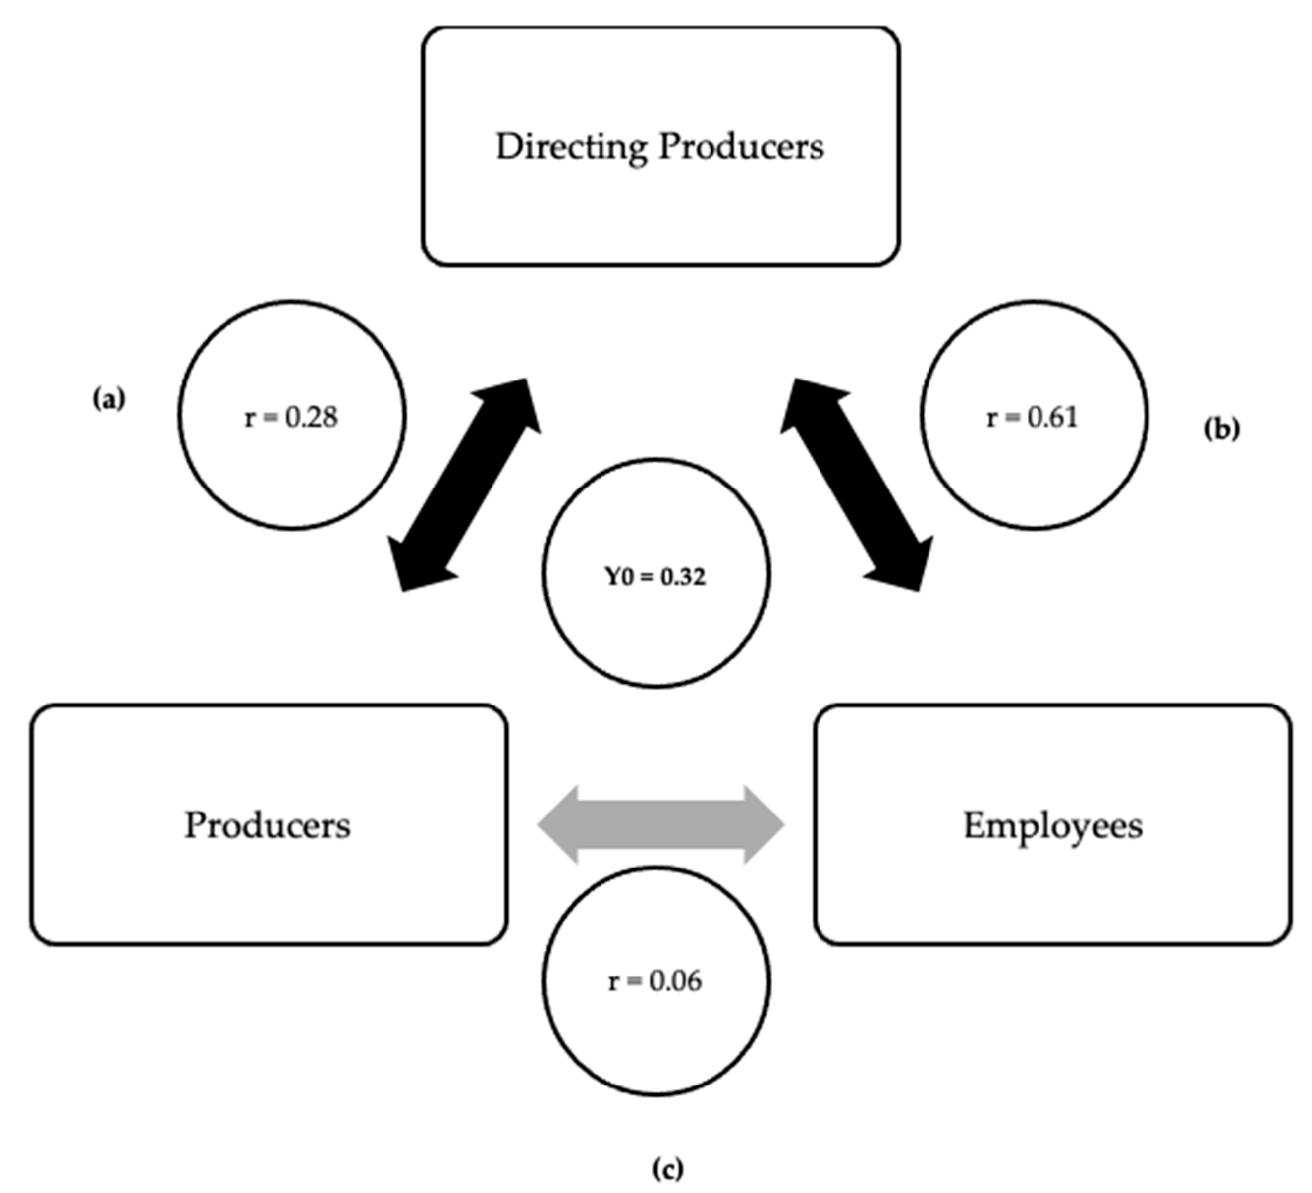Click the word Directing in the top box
571,147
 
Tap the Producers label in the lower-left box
268,825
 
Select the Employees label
1052,826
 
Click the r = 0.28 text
291,417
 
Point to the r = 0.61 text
1032,417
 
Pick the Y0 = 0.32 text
656,577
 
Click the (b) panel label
1221,430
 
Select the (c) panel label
668,1168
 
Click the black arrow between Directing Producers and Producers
465,485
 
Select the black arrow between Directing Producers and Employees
857,485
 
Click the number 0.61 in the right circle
1052,417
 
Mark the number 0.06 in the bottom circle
675,981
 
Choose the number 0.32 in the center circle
683,577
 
